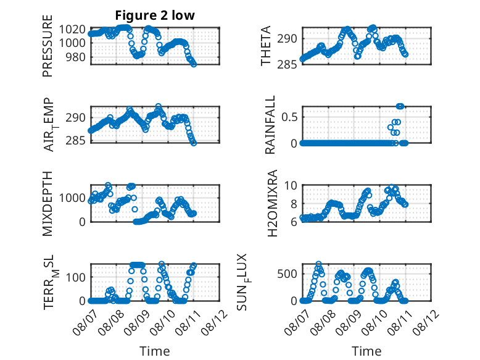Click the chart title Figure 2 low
click(x=155, y=15)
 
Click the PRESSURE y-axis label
click(x=48, y=46)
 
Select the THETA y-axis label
click(x=266, y=46)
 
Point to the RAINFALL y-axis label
click(x=270, y=125)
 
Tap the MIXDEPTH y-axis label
click(x=48, y=204)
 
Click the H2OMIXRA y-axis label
click(x=272, y=203)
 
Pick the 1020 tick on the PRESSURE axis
click(x=72, y=30)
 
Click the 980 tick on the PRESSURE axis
click(x=75, y=57)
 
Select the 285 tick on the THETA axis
click(x=287, y=64)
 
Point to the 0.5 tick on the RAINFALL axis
click(x=289, y=117)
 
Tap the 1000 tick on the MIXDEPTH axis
click(x=72, y=198)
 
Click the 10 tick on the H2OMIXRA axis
click(x=291, y=185)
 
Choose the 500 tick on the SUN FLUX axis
click(x=288, y=274)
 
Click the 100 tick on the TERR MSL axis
click(x=75, y=278)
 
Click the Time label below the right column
click(x=366, y=351)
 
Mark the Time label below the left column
click(x=155, y=351)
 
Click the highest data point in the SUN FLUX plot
click(x=319, y=264)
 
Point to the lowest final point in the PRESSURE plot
click(x=194, y=64)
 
